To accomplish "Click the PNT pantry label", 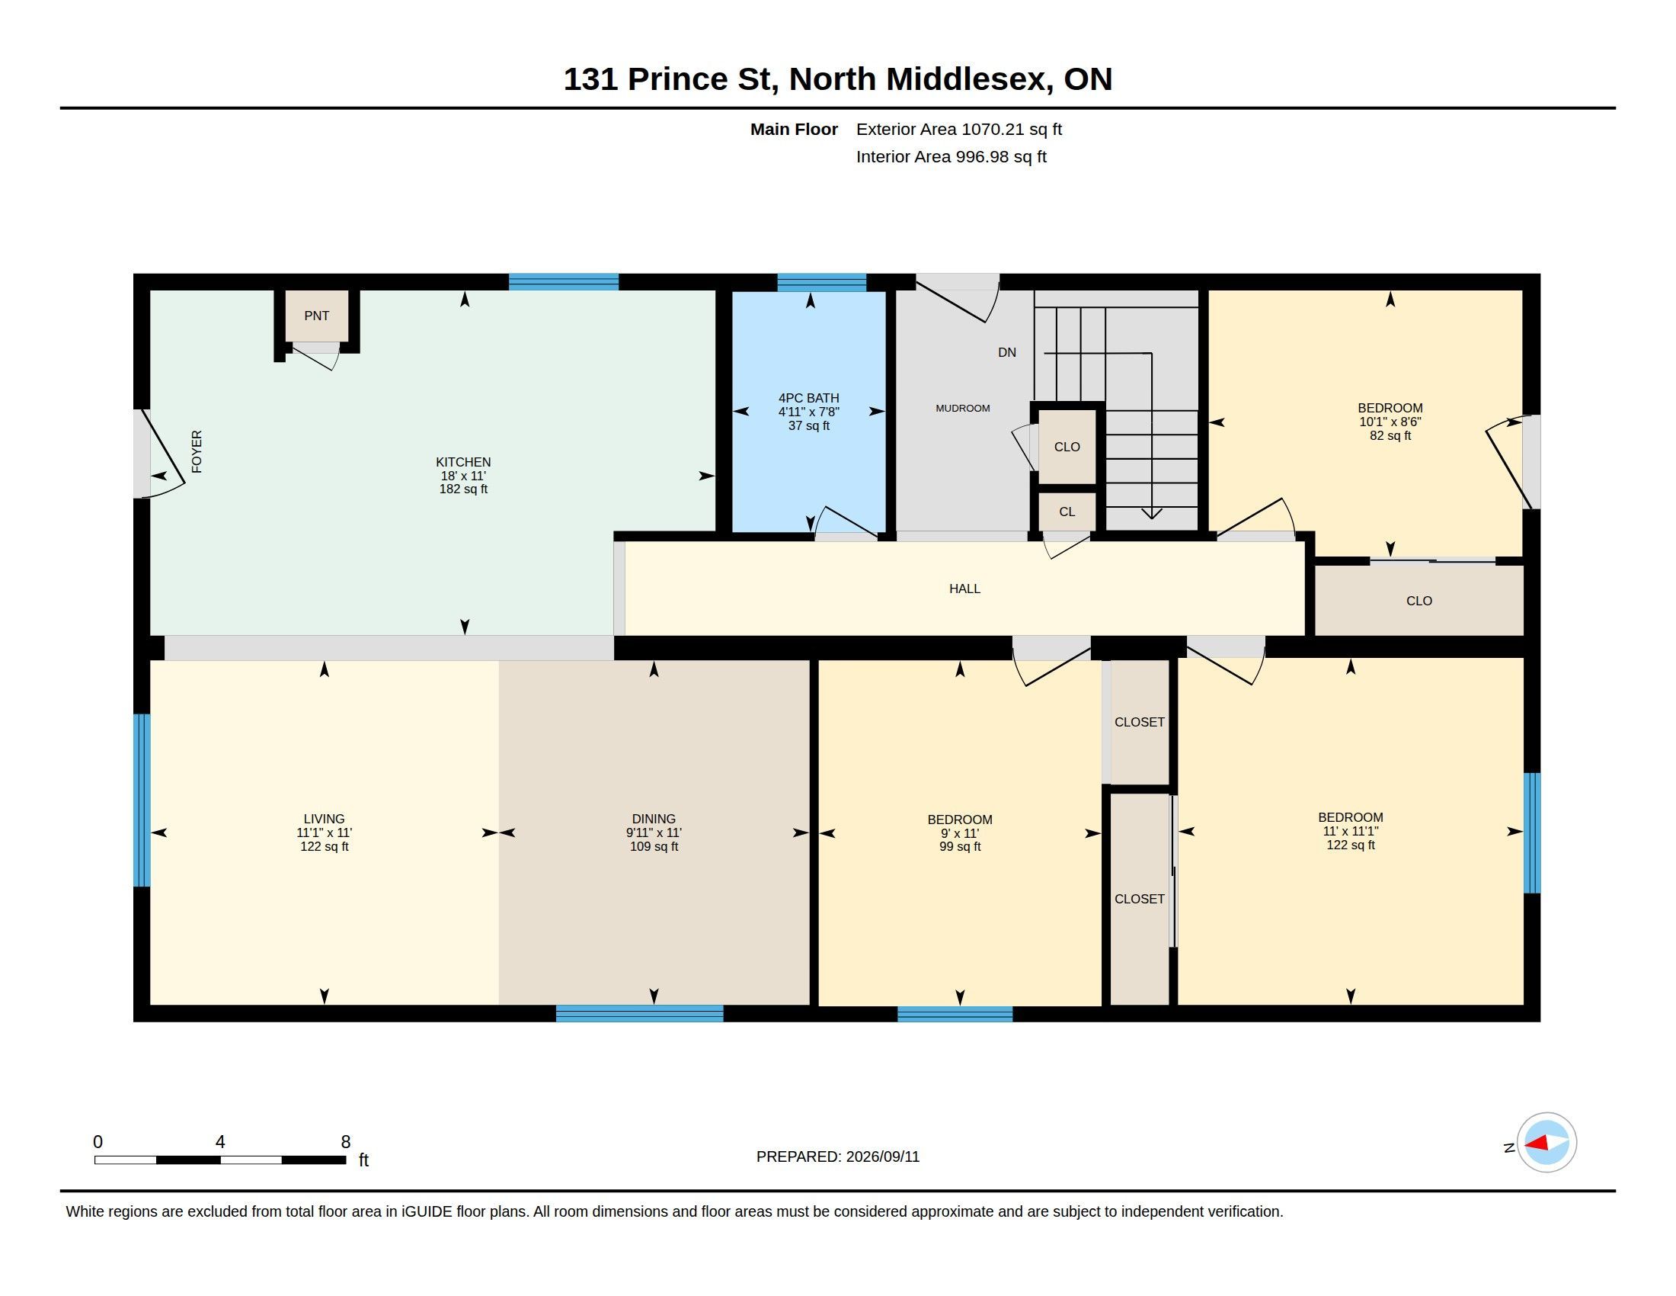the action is coord(316,316).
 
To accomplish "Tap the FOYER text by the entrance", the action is coord(197,451).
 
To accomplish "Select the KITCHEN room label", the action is coord(463,461).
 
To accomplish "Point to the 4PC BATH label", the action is coord(809,398).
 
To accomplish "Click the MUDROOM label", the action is coord(962,409).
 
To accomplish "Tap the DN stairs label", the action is coord(1007,352).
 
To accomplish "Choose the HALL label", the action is coord(964,589).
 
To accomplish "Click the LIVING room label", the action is coord(324,819).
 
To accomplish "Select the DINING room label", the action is coord(654,819).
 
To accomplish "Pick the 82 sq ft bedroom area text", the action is coord(1390,436).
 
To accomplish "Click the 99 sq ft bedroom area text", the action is coord(960,847).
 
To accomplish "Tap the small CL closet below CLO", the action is coord(1067,512).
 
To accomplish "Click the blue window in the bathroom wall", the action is coord(821,282).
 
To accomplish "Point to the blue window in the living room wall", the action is coord(142,800).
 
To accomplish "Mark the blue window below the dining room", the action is coord(639,1013).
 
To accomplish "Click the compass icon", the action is coord(1546,1143).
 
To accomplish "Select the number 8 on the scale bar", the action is coord(346,1142).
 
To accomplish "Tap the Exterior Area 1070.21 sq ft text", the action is coord(959,130).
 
